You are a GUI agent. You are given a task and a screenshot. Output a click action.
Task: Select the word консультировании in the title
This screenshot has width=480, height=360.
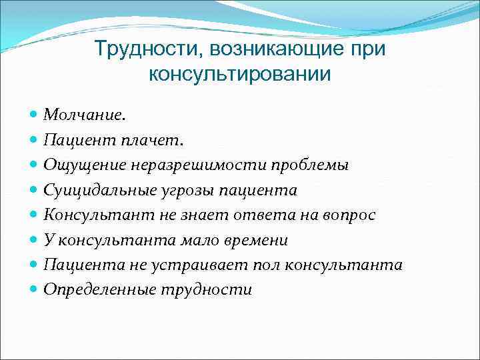tap(239, 73)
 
